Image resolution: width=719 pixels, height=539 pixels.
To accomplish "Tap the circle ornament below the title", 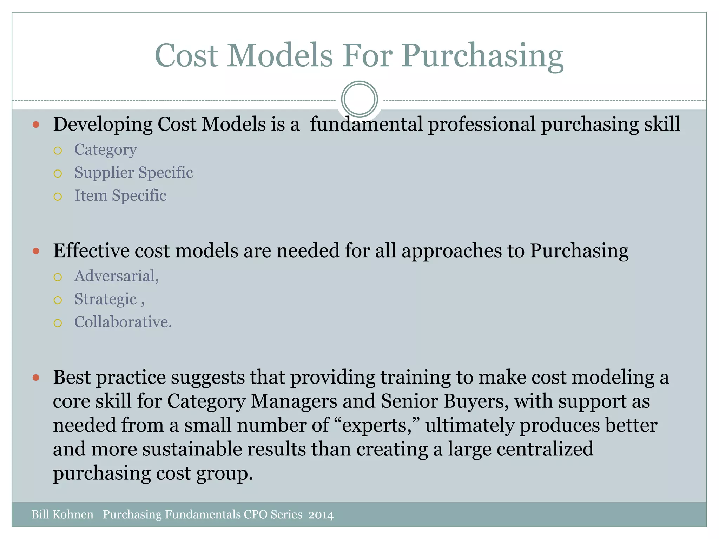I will (359, 99).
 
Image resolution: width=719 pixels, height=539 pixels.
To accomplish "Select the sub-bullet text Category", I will (105, 150).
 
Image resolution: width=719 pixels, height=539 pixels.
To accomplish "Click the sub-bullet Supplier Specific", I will (133, 173).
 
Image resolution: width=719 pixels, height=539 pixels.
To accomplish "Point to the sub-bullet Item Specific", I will (120, 195).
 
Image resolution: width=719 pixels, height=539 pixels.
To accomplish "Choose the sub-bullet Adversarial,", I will (117, 276).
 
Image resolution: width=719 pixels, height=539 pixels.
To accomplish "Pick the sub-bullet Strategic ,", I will (109, 299).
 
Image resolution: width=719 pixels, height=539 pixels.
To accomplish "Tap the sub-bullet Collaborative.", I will (123, 322).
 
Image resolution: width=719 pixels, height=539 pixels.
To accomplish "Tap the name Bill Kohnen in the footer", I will (62, 514).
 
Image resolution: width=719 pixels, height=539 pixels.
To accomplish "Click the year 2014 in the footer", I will (321, 515).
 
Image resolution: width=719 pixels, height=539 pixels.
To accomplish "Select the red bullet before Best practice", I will (36, 378).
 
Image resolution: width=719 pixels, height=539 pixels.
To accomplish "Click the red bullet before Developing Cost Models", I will (36, 124).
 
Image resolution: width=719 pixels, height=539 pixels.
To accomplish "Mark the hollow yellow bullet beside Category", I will (58, 151).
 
